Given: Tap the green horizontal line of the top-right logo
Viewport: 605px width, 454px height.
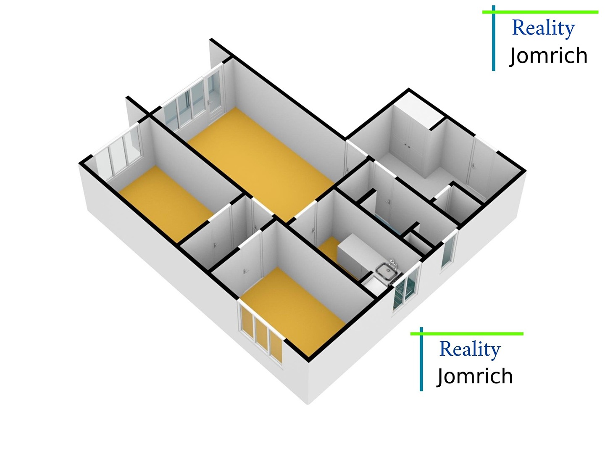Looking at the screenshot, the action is click(x=540, y=12).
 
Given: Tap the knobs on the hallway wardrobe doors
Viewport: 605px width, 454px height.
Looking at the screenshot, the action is click(x=407, y=146).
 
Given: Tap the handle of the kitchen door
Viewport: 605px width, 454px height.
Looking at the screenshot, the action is click(x=314, y=230).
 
